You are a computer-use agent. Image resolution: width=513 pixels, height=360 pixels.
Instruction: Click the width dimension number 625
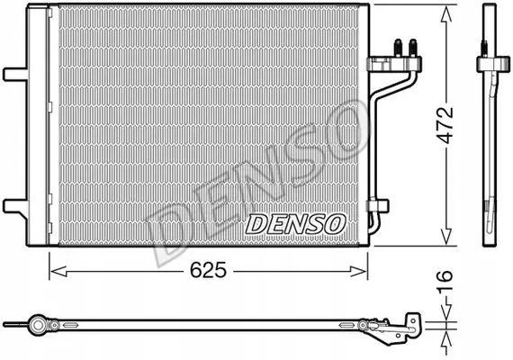tap(209, 270)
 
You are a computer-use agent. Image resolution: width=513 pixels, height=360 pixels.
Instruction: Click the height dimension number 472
tap(445, 125)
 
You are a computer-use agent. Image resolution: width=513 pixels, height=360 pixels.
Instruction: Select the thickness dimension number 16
tap(445, 280)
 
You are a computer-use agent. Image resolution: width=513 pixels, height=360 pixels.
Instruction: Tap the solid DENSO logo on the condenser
tap(295, 224)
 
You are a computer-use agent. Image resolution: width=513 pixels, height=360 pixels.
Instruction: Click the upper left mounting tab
tap(15, 75)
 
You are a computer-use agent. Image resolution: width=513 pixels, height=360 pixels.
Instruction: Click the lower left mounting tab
tap(15, 206)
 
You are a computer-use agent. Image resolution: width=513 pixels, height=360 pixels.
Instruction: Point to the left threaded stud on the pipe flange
tap(398, 48)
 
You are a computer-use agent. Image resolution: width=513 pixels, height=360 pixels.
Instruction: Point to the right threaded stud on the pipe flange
tap(413, 48)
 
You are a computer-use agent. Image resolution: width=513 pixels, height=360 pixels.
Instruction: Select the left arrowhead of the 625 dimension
tap(58, 271)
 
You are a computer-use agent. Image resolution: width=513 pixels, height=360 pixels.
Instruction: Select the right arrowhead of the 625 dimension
tap(358, 271)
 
